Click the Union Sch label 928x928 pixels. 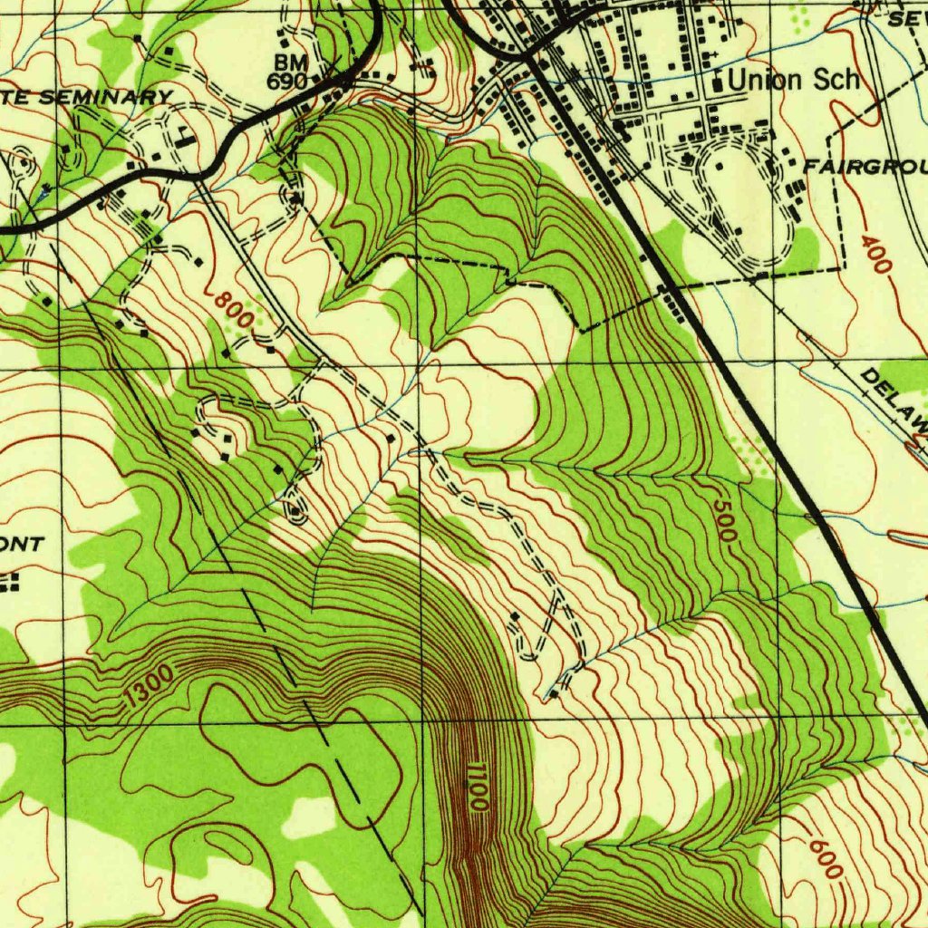tap(793, 80)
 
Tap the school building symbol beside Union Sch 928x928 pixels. tap(719, 82)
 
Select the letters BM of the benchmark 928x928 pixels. tap(293, 63)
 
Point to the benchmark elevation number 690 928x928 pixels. tap(287, 81)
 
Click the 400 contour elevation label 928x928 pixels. tap(876, 255)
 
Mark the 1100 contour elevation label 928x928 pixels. tap(478, 786)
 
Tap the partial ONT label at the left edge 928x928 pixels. tap(22, 544)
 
